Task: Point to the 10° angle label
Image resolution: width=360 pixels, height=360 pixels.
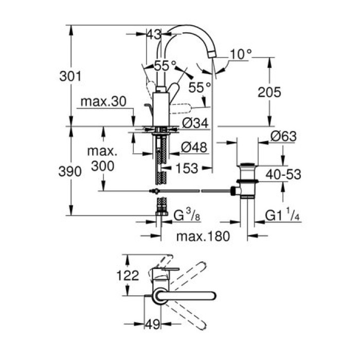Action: [x=241, y=53]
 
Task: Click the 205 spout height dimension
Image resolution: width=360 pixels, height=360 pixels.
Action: [x=269, y=92]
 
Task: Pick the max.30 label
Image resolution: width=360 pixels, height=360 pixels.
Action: [x=103, y=102]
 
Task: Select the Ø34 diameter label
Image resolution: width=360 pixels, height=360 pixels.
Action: [x=194, y=123]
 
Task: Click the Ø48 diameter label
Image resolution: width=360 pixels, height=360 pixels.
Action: [x=194, y=147]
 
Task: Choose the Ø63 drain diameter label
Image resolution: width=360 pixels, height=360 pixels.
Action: [x=283, y=136]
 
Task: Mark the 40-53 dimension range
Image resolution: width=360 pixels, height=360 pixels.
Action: [x=283, y=175]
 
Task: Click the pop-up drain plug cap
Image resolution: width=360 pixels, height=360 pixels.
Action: [x=248, y=166]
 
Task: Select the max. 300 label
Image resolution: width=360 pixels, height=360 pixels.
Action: [x=103, y=159]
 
